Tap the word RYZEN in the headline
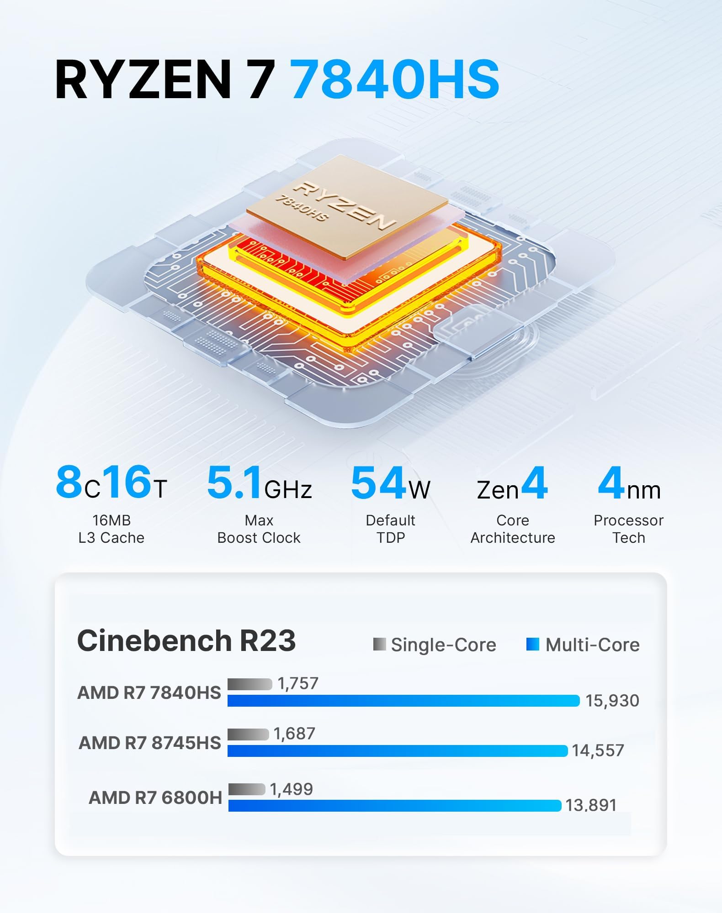coord(143,79)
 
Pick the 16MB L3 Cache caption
coord(111,529)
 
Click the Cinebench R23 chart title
coord(186,640)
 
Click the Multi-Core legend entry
coord(584,645)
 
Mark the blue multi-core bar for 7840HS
coord(403,701)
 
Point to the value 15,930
coord(612,701)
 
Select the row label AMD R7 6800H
coord(155,798)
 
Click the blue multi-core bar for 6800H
coord(394,806)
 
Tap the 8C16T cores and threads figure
coord(111,483)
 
